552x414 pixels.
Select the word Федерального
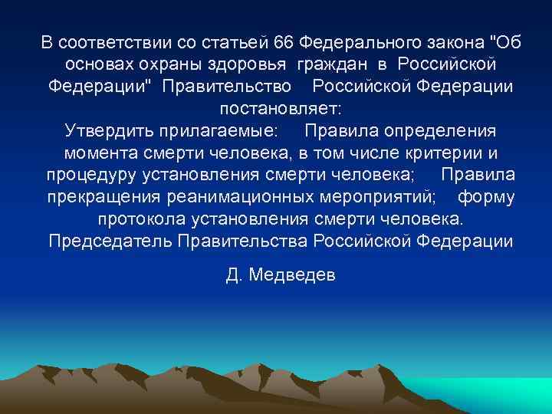coord(359,40)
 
